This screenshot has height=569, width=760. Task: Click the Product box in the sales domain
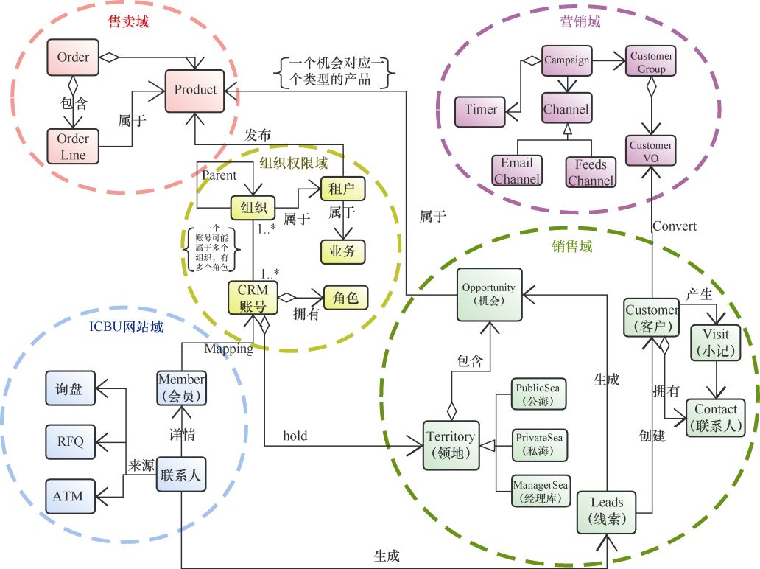pyautogui.click(x=195, y=91)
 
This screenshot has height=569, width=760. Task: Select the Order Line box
pyautogui.click(x=73, y=147)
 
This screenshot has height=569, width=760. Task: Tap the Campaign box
pyautogui.click(x=566, y=60)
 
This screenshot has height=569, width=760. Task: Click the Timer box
pyautogui.click(x=480, y=110)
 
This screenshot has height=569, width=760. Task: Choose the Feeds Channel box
pyautogui.click(x=590, y=171)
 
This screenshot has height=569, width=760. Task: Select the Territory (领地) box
pyautogui.click(x=450, y=445)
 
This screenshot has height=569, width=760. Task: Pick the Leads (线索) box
pyautogui.click(x=607, y=511)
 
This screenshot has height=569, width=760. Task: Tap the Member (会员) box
pyautogui.click(x=181, y=387)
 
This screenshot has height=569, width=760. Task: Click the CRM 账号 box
pyautogui.click(x=253, y=299)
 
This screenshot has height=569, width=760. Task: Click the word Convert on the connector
pyautogui.click(x=674, y=226)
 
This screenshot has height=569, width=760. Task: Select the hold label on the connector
pyautogui.click(x=295, y=436)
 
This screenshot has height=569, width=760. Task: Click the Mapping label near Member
pyautogui.click(x=228, y=349)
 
